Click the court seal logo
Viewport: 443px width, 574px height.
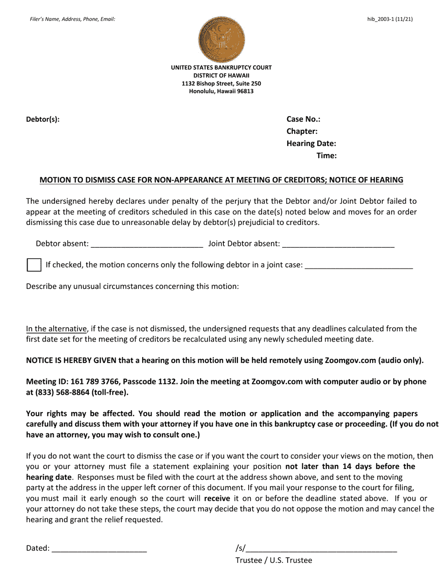coord(221,39)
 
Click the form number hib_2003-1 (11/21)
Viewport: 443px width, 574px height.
coord(390,19)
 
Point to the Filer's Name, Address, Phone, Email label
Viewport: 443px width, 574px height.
coord(72,19)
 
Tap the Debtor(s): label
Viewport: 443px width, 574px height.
coord(43,119)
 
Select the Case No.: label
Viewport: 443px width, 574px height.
coord(303,119)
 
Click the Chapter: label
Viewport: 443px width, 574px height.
coord(302,131)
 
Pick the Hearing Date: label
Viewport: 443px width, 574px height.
coord(311,143)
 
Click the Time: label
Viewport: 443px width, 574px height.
coord(326,155)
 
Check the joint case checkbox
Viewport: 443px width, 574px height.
coord(34,265)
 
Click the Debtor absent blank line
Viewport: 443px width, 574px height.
coord(147,244)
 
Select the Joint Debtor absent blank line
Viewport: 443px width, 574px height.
coord(338,244)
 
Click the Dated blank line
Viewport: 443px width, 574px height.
coord(99,549)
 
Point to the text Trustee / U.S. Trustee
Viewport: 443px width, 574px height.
coord(274,560)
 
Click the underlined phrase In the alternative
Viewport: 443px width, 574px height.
coord(56,329)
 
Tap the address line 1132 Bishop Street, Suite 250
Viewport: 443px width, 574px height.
coord(221,84)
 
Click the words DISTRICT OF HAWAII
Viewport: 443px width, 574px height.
coord(221,76)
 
